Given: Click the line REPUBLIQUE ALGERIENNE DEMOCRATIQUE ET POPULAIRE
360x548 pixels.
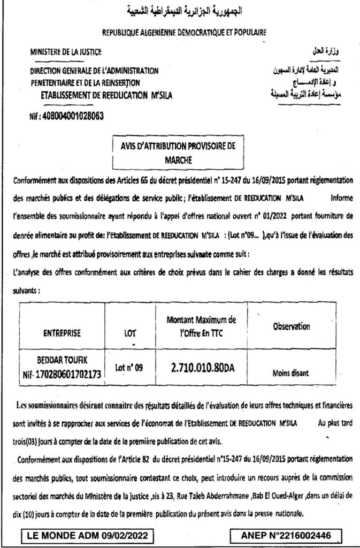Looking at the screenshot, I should pos(184,32).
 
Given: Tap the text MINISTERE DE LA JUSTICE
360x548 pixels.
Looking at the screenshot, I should pos(65,52).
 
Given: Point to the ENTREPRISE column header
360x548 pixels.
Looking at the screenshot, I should pos(62,333).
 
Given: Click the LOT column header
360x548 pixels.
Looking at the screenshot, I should pos(129,333).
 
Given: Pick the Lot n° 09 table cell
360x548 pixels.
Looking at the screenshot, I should pos(129,368).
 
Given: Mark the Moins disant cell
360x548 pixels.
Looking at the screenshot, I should pos(291,374).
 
